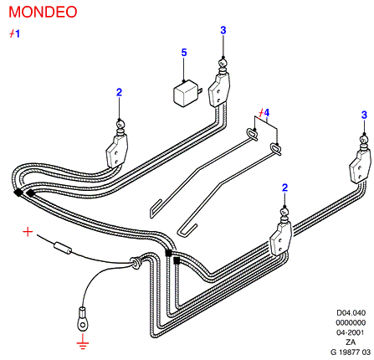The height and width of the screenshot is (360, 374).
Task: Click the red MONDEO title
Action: click(43, 12)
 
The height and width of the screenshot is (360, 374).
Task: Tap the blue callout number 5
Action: click(184, 53)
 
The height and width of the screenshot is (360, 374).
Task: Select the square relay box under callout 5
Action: click(185, 93)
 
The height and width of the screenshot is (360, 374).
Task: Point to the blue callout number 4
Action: click(267, 113)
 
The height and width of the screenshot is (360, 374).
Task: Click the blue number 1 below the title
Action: click(18, 33)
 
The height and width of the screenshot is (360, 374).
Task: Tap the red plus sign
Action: click(28, 232)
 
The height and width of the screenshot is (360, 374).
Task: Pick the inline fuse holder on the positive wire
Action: click(63, 248)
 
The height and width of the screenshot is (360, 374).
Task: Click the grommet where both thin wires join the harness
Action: click(136, 263)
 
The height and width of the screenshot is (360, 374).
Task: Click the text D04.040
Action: click(351, 312)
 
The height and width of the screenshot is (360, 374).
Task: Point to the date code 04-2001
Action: click(351, 332)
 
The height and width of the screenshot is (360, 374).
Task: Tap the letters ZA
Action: click(351, 342)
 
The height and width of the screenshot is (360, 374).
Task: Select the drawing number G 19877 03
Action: click(351, 352)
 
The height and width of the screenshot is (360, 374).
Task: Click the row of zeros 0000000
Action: click(351, 322)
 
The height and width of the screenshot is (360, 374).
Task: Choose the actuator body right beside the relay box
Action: click(219, 90)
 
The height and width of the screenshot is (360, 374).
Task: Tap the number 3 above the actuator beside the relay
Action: click(223, 30)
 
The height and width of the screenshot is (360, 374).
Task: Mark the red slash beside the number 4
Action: click(261, 113)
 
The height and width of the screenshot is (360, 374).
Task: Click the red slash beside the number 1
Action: click(12, 33)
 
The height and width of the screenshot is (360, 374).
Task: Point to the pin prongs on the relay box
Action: click(200, 91)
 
